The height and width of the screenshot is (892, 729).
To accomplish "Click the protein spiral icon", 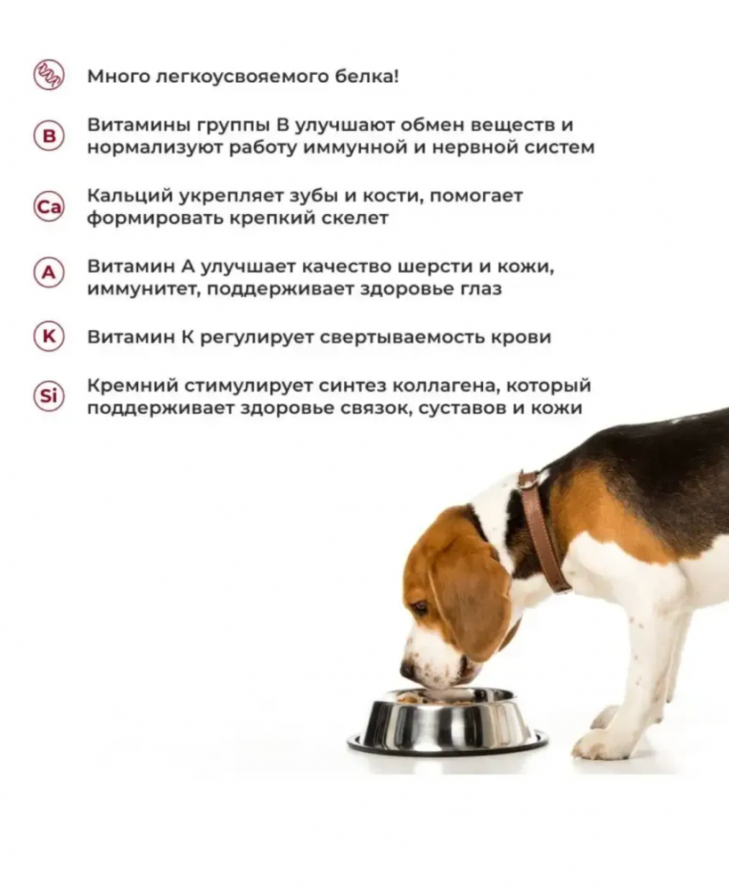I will pos(49,75).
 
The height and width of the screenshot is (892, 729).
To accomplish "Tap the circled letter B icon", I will pos(49,136).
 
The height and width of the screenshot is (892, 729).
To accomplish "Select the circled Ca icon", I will pos(49,207).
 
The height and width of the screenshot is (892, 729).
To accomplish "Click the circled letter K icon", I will pos(49,337).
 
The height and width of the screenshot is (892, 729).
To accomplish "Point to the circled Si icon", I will pos(49,396).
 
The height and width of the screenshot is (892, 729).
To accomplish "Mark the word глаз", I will pos(479,290).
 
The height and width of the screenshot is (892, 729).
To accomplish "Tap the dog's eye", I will pos(419,607).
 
